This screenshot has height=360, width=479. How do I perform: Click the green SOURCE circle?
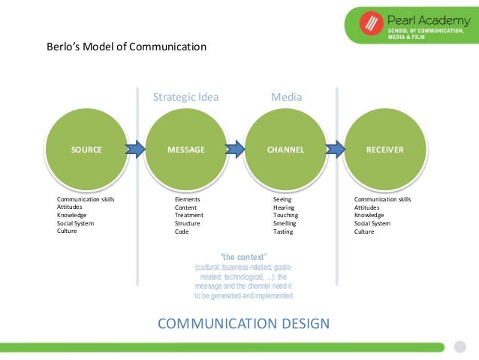(x=86, y=150)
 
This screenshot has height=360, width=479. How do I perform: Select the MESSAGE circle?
(x=186, y=150)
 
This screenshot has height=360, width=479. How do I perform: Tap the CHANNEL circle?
(x=285, y=150)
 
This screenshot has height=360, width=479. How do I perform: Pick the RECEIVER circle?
(x=384, y=150)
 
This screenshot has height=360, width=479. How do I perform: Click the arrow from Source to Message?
(x=136, y=149)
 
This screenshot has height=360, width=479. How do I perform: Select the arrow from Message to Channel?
(x=236, y=149)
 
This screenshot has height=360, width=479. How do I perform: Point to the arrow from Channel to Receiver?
(x=335, y=149)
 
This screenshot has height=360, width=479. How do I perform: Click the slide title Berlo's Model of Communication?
(x=125, y=47)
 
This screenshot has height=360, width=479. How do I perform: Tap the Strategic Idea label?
(x=185, y=97)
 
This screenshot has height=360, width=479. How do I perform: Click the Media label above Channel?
(x=285, y=97)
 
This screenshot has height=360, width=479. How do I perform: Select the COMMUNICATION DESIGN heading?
(x=243, y=324)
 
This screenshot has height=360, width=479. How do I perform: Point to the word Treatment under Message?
(x=189, y=215)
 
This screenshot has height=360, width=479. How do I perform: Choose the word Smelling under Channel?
(x=285, y=223)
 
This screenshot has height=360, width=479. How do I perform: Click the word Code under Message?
(x=182, y=231)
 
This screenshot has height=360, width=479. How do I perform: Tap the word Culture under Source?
(x=67, y=231)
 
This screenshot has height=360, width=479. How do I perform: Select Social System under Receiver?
(x=372, y=223)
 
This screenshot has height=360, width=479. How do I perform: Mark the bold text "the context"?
(x=243, y=256)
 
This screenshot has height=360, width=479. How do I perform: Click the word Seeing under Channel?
(x=282, y=199)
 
